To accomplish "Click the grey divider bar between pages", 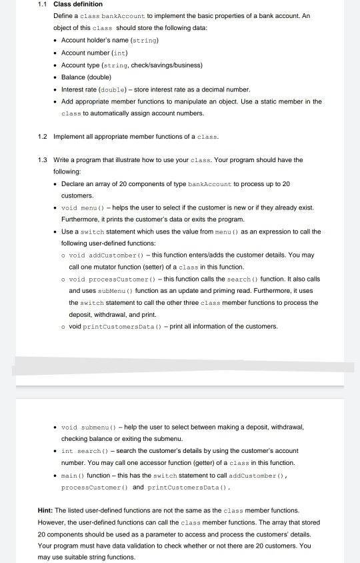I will point(180,366).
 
